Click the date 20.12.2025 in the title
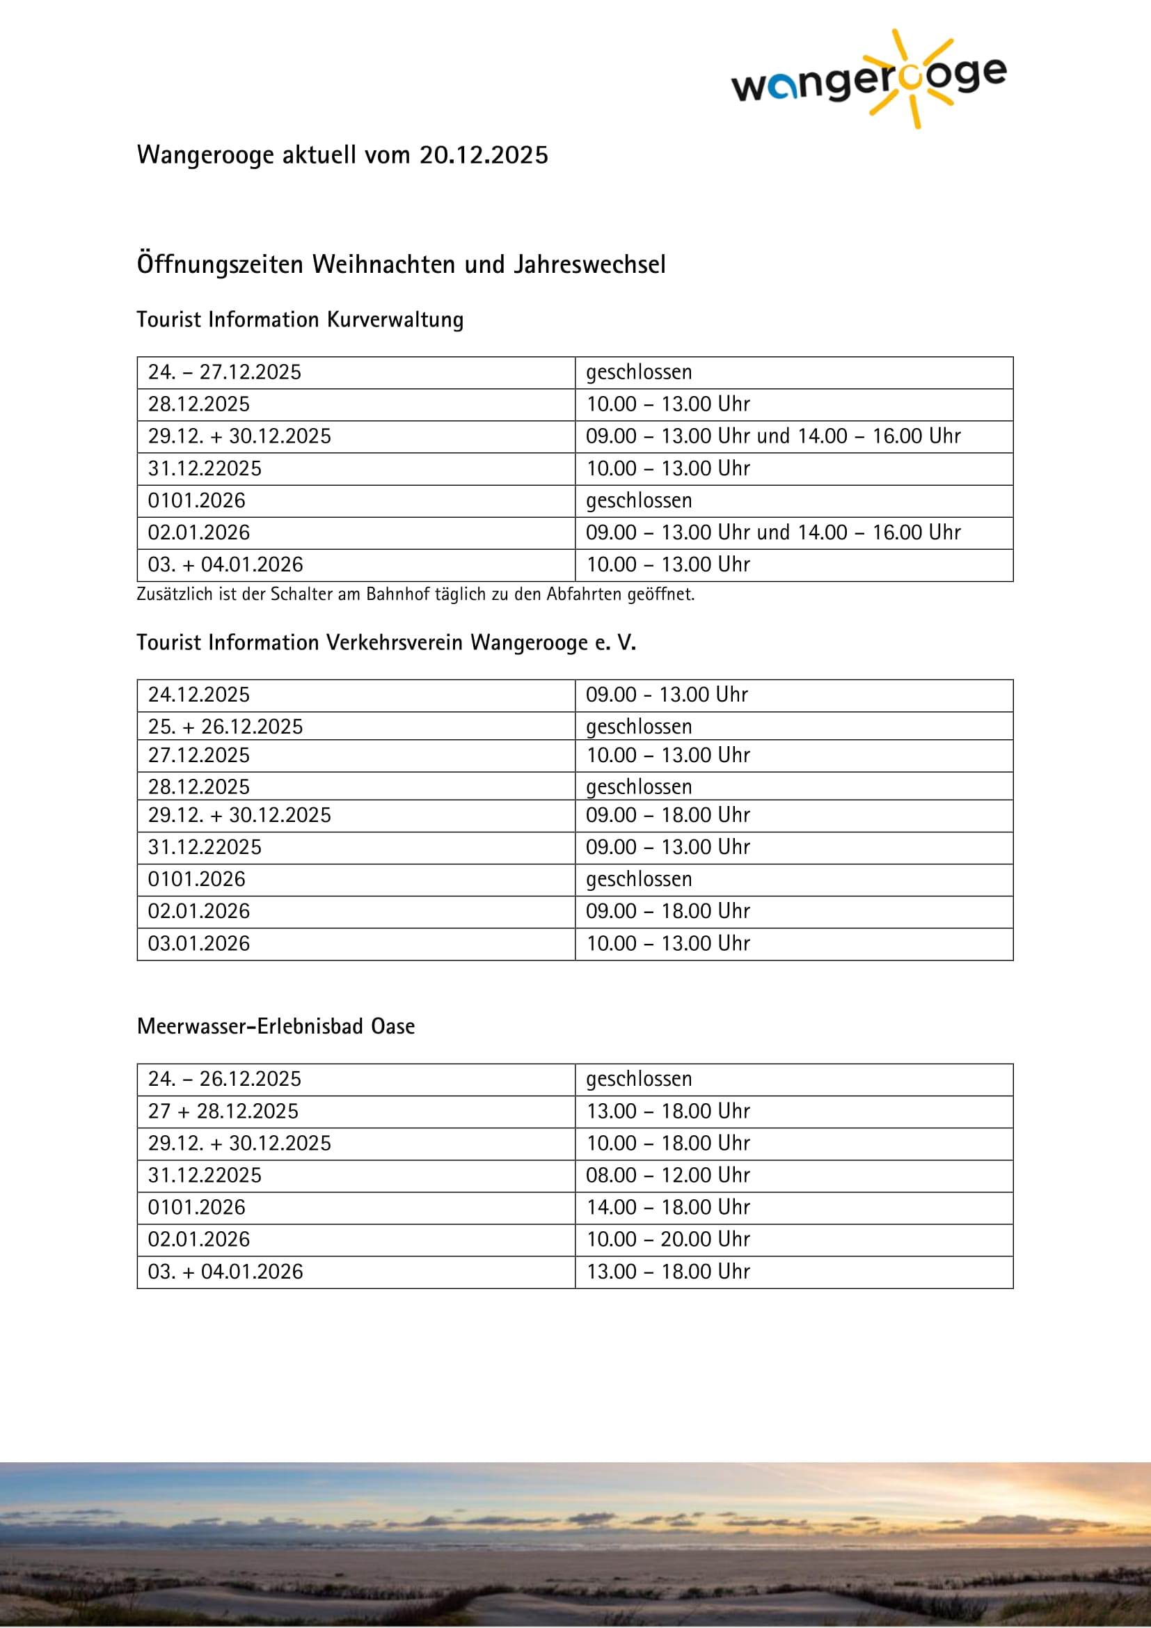[x=484, y=155]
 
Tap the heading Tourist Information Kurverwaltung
[x=300, y=319]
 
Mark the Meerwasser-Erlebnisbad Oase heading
[x=276, y=1027]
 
